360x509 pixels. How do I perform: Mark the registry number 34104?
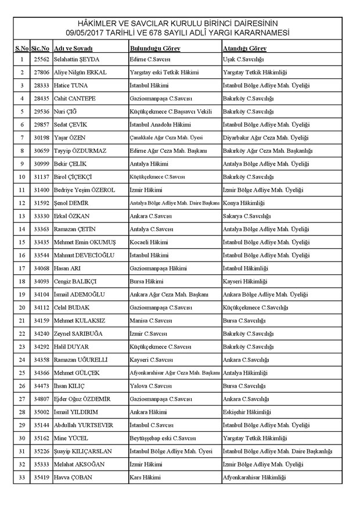(41, 294)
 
